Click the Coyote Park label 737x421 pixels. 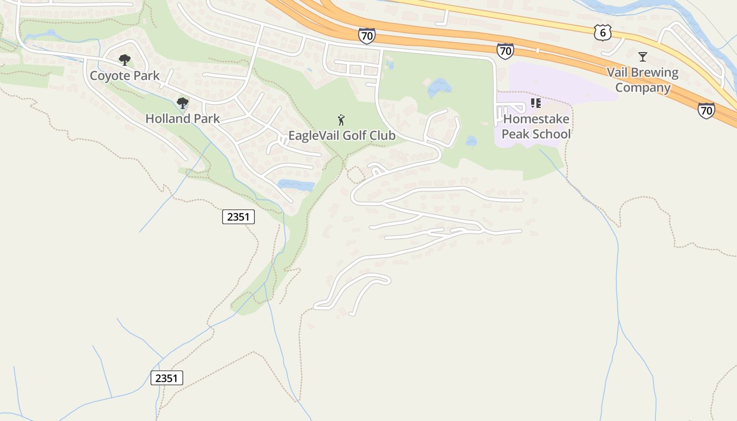pos(125,76)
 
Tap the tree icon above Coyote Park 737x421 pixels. pos(124,60)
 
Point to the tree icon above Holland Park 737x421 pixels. pos(183,103)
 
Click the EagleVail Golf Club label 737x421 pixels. pos(342,136)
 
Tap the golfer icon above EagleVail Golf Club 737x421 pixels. pos(341,120)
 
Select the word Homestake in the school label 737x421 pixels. pos(536,119)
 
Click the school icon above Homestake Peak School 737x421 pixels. pos(536,103)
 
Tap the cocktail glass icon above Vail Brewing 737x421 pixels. pos(642,57)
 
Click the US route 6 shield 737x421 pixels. pos(602,33)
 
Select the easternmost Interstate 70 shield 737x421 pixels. pos(706,110)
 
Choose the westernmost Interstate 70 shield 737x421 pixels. pos(366,36)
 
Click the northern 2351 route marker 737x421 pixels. pos(238,217)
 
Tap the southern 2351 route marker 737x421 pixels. pos(167,378)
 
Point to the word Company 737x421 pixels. pos(643,88)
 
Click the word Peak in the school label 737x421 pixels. pos(515,134)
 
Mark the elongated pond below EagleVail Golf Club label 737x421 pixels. pos(296,185)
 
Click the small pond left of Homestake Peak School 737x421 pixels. pos(471,141)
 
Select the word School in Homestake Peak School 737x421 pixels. pos(551,134)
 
